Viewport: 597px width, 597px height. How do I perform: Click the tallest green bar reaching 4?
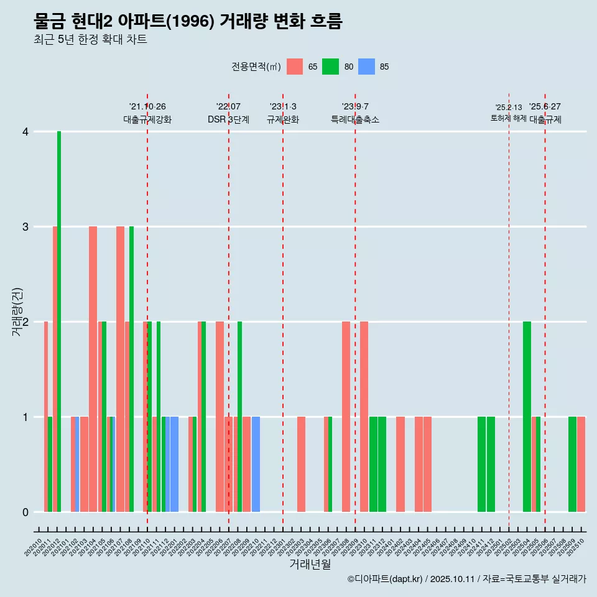pos(59,322)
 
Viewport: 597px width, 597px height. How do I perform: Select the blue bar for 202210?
pos(256,464)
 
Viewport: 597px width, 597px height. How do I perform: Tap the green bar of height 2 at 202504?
pos(527,417)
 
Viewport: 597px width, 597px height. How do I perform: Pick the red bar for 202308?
pos(346,417)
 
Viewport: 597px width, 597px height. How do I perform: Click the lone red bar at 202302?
pos(301,464)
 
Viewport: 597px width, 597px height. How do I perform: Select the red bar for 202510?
pos(581,464)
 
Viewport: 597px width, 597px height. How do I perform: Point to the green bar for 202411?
pos(481,464)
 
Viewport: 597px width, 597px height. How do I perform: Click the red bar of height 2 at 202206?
pos(220,417)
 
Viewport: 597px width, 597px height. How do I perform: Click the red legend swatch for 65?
pos(295,67)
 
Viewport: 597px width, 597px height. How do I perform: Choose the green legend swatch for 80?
pos(330,67)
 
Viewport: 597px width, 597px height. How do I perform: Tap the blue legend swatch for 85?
pos(367,67)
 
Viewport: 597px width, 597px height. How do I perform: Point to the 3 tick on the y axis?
pos(25,227)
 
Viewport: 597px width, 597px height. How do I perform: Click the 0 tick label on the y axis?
pos(25,512)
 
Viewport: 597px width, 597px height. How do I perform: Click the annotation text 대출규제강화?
pos(147,119)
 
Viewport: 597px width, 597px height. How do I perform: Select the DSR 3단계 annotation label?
pos(228,119)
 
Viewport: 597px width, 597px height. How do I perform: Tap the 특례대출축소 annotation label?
pos(354,119)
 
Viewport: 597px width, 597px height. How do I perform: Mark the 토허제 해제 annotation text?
pos(508,118)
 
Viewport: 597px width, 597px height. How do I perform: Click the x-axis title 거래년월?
pos(310,564)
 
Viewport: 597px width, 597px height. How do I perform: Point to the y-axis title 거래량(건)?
pos(17,312)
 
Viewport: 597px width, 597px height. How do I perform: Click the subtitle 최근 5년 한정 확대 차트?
pos(90,40)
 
